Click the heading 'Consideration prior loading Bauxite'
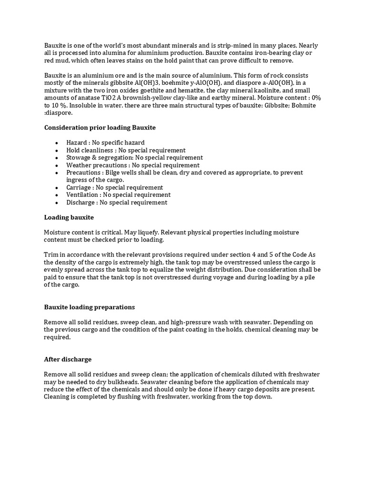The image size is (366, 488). coord(100,128)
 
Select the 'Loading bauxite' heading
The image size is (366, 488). coord(69,217)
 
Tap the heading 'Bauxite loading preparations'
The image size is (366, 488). coord(90,307)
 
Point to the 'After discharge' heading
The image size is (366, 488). coord(68,359)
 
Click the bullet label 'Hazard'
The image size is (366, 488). coord(77,142)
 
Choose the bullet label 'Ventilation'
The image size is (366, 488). coord(83,194)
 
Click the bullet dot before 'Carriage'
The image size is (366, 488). coord(57,188)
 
